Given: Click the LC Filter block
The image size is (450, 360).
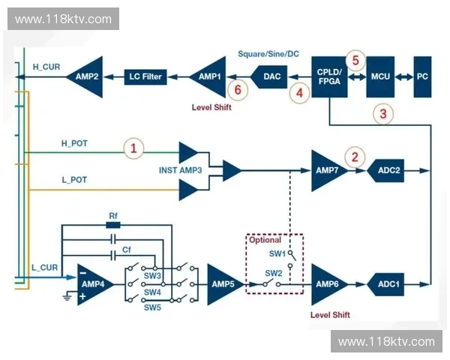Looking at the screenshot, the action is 145,76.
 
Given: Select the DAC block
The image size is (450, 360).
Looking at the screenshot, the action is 269,76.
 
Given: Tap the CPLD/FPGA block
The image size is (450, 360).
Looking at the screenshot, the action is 329,76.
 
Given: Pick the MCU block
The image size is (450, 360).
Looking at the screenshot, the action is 380,76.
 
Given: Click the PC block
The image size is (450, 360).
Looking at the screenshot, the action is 422,76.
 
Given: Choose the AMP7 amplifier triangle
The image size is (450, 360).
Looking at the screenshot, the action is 329,170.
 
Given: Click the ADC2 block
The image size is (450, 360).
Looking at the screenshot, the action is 385,170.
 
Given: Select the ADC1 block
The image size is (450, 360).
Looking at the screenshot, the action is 385,284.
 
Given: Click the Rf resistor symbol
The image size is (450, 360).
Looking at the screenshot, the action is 113,225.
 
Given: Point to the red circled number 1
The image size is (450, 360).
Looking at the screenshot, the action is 133,148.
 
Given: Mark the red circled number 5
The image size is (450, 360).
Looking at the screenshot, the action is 355,61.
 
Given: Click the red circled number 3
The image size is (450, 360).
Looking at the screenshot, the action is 383,114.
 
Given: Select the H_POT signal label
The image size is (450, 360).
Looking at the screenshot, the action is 74,143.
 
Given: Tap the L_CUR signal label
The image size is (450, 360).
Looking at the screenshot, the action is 44,268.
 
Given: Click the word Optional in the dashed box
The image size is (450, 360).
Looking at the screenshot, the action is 265,240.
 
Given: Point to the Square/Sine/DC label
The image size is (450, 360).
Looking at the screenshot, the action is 268,54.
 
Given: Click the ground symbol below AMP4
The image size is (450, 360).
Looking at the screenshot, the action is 67,296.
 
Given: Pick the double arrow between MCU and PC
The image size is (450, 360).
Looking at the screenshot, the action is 404,76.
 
